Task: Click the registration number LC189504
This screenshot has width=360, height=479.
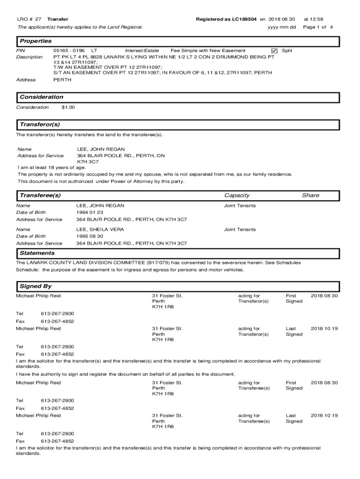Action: tap(241, 19)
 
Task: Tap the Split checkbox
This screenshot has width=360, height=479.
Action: tap(274, 51)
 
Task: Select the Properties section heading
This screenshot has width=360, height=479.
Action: tap(36, 41)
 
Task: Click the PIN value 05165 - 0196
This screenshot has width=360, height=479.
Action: tap(69, 51)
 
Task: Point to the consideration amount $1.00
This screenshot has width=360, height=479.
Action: tap(68, 107)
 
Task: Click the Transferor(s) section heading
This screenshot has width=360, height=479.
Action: tap(40, 125)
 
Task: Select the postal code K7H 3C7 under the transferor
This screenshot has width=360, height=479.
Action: tap(88, 161)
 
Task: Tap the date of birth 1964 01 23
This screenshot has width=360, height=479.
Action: tap(90, 212)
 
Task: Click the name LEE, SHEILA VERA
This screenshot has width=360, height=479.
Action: tap(100, 230)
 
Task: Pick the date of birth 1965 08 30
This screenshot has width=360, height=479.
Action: tap(90, 236)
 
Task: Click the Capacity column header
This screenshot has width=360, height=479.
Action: tap(237, 195)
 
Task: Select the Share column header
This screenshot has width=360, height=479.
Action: tap(310, 195)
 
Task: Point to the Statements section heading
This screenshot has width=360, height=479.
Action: tap(37, 253)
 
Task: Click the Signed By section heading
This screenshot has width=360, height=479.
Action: tap(36, 286)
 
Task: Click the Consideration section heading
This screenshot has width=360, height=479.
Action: tap(41, 97)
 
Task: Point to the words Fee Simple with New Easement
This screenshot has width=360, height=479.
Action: tap(208, 51)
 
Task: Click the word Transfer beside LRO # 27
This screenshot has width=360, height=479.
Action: tap(58, 19)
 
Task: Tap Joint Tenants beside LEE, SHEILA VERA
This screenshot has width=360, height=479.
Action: tap(240, 230)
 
